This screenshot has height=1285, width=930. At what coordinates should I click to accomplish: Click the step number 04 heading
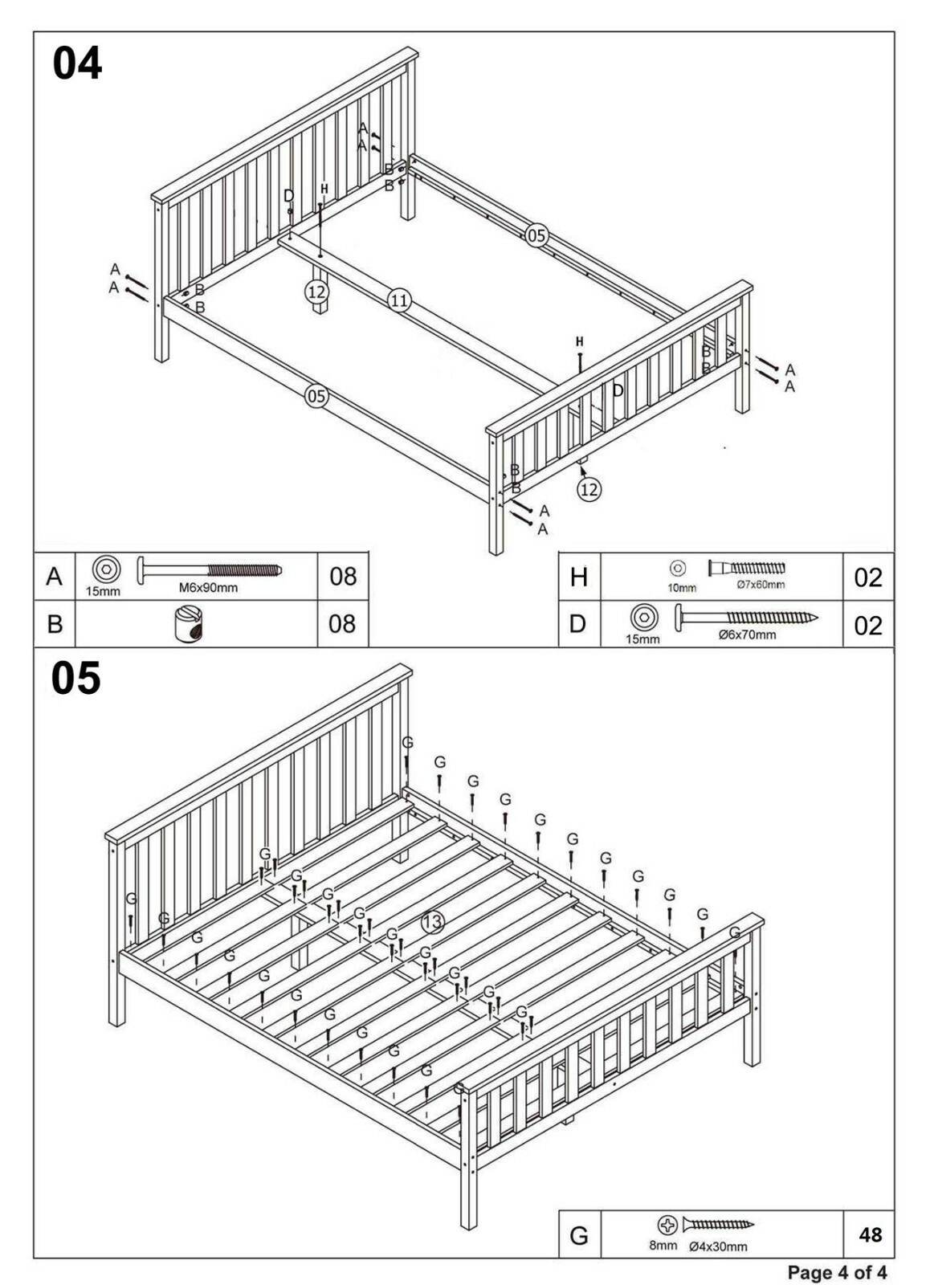pyautogui.click(x=77, y=63)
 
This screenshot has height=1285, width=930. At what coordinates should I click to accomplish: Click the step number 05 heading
pyautogui.click(x=76, y=679)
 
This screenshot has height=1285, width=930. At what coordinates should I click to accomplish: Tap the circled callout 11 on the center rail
pyautogui.click(x=399, y=300)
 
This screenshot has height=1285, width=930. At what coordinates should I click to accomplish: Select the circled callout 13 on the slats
pyautogui.click(x=433, y=922)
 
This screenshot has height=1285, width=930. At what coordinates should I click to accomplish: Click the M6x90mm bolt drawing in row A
pyautogui.click(x=210, y=570)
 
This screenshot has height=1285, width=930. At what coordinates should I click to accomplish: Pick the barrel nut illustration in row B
pyautogui.click(x=189, y=624)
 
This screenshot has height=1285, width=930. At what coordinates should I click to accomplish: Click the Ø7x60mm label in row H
pyautogui.click(x=760, y=585)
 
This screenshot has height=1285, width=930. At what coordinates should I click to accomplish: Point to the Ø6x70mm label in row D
pyautogui.click(x=747, y=634)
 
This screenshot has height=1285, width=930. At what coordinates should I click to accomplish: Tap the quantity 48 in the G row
pyautogui.click(x=870, y=1234)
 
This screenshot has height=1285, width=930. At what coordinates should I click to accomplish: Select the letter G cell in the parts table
pyautogui.click(x=579, y=1235)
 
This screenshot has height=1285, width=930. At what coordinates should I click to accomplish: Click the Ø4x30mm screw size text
pyautogui.click(x=718, y=1246)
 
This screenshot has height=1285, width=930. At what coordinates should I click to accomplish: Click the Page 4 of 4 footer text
pyautogui.click(x=837, y=1272)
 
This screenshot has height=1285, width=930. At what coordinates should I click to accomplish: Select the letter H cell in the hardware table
pyautogui.click(x=579, y=577)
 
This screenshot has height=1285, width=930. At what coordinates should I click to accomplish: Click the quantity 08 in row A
pyautogui.click(x=343, y=577)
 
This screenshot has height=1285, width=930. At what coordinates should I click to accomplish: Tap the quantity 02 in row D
pyautogui.click(x=868, y=626)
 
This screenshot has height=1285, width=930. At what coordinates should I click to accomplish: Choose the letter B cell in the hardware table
pyautogui.click(x=55, y=624)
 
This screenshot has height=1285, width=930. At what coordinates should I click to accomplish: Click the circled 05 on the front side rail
pyautogui.click(x=316, y=396)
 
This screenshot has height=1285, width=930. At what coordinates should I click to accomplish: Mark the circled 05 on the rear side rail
pyautogui.click(x=536, y=235)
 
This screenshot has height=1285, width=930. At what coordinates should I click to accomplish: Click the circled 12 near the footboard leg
pyautogui.click(x=589, y=489)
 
